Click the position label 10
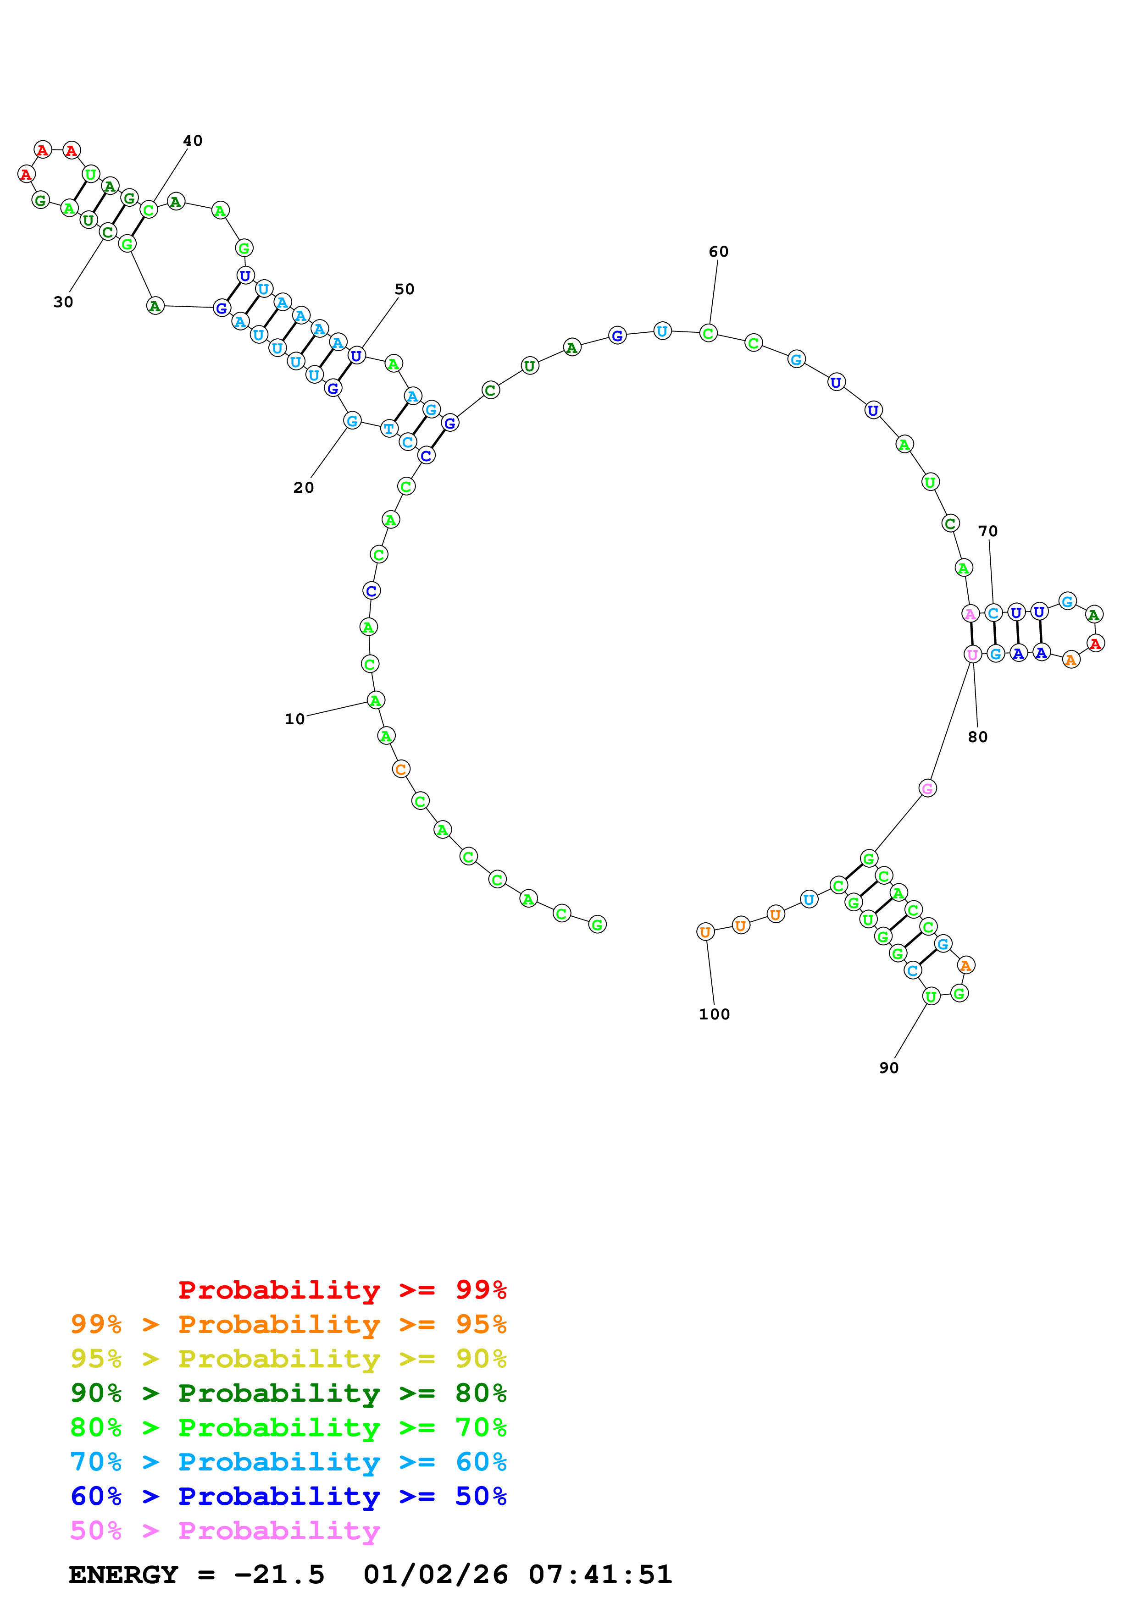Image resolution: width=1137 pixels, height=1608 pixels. [x=294, y=719]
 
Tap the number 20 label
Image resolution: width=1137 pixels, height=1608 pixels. [x=303, y=487]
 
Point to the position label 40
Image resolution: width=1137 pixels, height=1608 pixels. [x=193, y=141]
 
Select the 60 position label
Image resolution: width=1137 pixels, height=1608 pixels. [x=718, y=252]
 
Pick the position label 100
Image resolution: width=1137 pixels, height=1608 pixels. [x=714, y=1014]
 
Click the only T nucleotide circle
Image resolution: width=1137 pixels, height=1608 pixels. [x=389, y=428]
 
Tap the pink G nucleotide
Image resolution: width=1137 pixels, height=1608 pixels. [x=927, y=788]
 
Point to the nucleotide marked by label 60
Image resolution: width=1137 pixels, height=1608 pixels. [x=708, y=333]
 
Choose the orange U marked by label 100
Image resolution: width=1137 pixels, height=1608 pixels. [x=705, y=932]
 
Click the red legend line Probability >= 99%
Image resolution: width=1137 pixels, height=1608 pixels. [x=342, y=1289]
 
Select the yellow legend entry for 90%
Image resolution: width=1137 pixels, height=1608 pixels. [x=288, y=1358]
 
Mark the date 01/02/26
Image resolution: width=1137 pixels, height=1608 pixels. [x=435, y=1575]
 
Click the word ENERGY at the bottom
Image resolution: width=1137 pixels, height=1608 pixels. [x=123, y=1575]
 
